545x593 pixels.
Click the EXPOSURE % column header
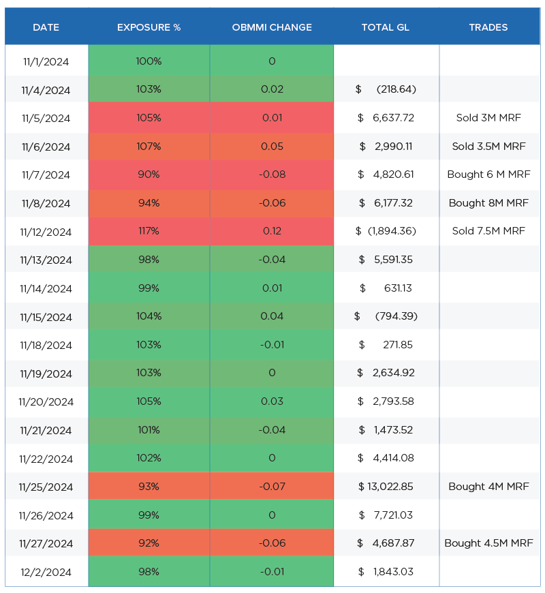(149, 27)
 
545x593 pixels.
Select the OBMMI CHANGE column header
(272, 27)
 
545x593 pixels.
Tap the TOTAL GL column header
(386, 27)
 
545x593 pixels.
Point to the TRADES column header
(488, 27)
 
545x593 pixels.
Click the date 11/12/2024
(46, 232)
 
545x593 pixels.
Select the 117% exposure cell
(149, 231)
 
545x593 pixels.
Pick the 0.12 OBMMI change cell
(272, 231)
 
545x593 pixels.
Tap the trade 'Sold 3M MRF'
(488, 118)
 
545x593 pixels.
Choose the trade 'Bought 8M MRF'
(488, 202)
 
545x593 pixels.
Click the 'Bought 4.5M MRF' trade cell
(488, 543)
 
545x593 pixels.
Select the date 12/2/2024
(46, 572)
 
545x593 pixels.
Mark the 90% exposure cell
(149, 174)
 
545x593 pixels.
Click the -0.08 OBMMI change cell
(272, 174)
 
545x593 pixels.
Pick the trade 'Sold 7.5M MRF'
(488, 231)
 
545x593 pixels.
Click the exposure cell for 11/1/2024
(149, 61)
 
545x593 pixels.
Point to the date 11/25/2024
(46, 487)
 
